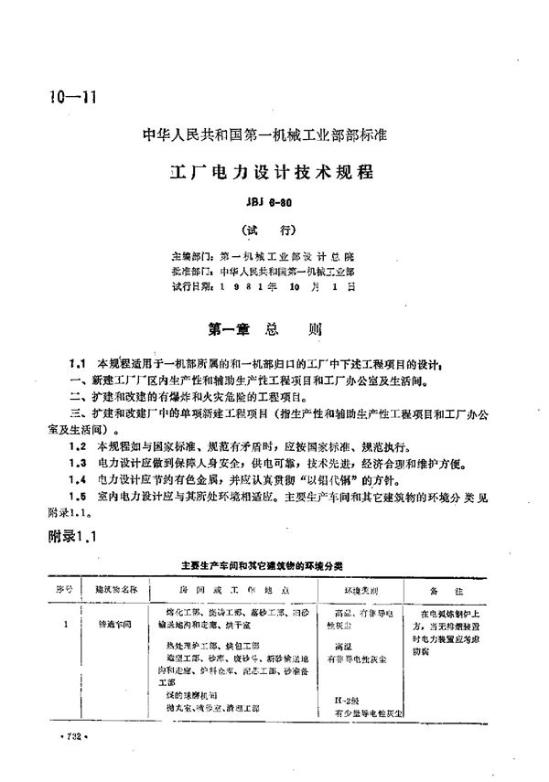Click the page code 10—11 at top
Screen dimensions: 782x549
(69, 99)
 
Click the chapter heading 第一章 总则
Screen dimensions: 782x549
(262, 327)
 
